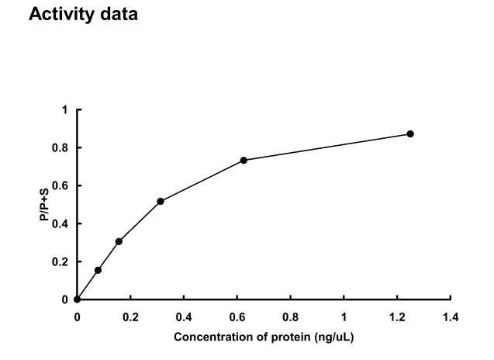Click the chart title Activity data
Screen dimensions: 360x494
83,16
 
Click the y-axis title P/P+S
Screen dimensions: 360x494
44,205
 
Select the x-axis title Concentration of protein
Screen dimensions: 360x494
264,337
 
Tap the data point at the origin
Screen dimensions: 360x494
77,299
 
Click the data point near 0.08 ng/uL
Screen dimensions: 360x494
98,270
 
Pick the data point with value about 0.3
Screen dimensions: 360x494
119,241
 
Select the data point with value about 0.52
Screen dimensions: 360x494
161,201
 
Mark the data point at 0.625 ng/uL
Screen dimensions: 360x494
244,160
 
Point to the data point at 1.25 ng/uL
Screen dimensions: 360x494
410,134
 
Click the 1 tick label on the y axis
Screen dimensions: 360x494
66,110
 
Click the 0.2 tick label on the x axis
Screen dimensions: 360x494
130,316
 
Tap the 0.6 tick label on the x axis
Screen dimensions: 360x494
237,316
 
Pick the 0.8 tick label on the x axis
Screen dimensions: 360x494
291,316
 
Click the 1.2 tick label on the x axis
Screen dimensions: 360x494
398,316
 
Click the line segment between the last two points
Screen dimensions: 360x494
327,147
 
